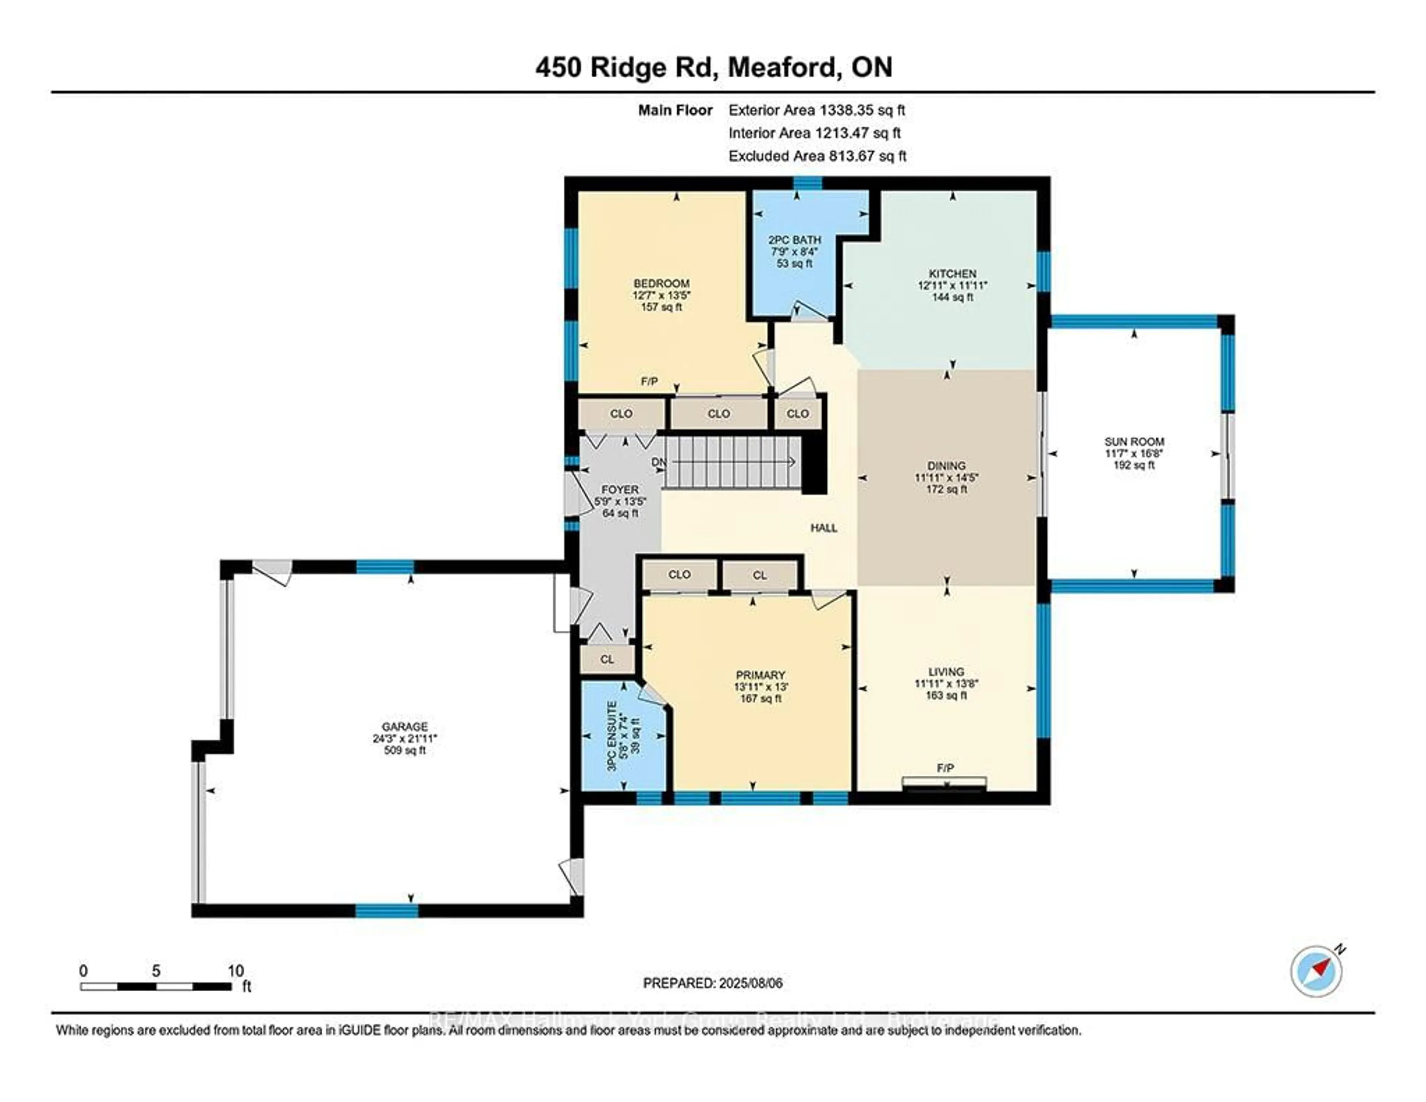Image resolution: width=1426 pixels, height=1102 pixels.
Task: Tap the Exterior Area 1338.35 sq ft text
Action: click(816, 110)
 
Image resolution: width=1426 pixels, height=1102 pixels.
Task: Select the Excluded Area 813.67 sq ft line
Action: click(817, 156)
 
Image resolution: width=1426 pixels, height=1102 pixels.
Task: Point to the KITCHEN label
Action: click(953, 274)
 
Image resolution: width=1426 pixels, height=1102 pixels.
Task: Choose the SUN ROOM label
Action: click(1134, 442)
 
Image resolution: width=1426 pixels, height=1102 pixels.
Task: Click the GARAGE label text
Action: click(405, 726)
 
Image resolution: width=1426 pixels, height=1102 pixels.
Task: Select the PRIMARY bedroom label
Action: click(760, 675)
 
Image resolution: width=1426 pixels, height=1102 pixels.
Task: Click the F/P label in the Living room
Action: click(945, 768)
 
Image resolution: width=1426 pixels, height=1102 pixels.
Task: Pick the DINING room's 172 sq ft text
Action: click(946, 489)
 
